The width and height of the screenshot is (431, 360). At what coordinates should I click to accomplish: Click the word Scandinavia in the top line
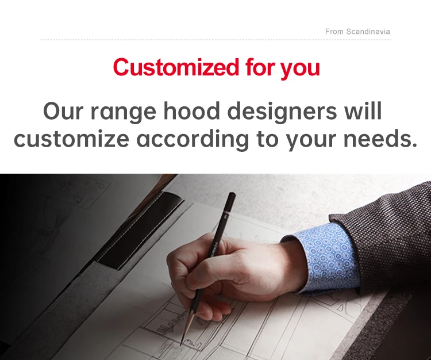pyautogui.click(x=368, y=32)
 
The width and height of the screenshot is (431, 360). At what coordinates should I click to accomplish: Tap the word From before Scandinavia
pyautogui.click(x=334, y=32)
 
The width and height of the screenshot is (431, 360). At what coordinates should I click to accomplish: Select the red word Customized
pyautogui.click(x=176, y=67)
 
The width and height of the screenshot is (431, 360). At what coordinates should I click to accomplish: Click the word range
pyautogui.click(x=123, y=113)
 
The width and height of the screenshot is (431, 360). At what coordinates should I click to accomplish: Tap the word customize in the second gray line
pyautogui.click(x=71, y=139)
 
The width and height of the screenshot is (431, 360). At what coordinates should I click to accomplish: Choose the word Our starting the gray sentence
pyautogui.click(x=63, y=111)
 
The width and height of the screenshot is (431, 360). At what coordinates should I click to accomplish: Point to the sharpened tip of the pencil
pyautogui.click(x=181, y=345)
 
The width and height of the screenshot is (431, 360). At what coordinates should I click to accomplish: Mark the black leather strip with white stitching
pyautogui.click(x=140, y=228)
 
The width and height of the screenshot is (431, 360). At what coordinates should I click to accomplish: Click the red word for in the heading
pyautogui.click(x=260, y=67)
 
